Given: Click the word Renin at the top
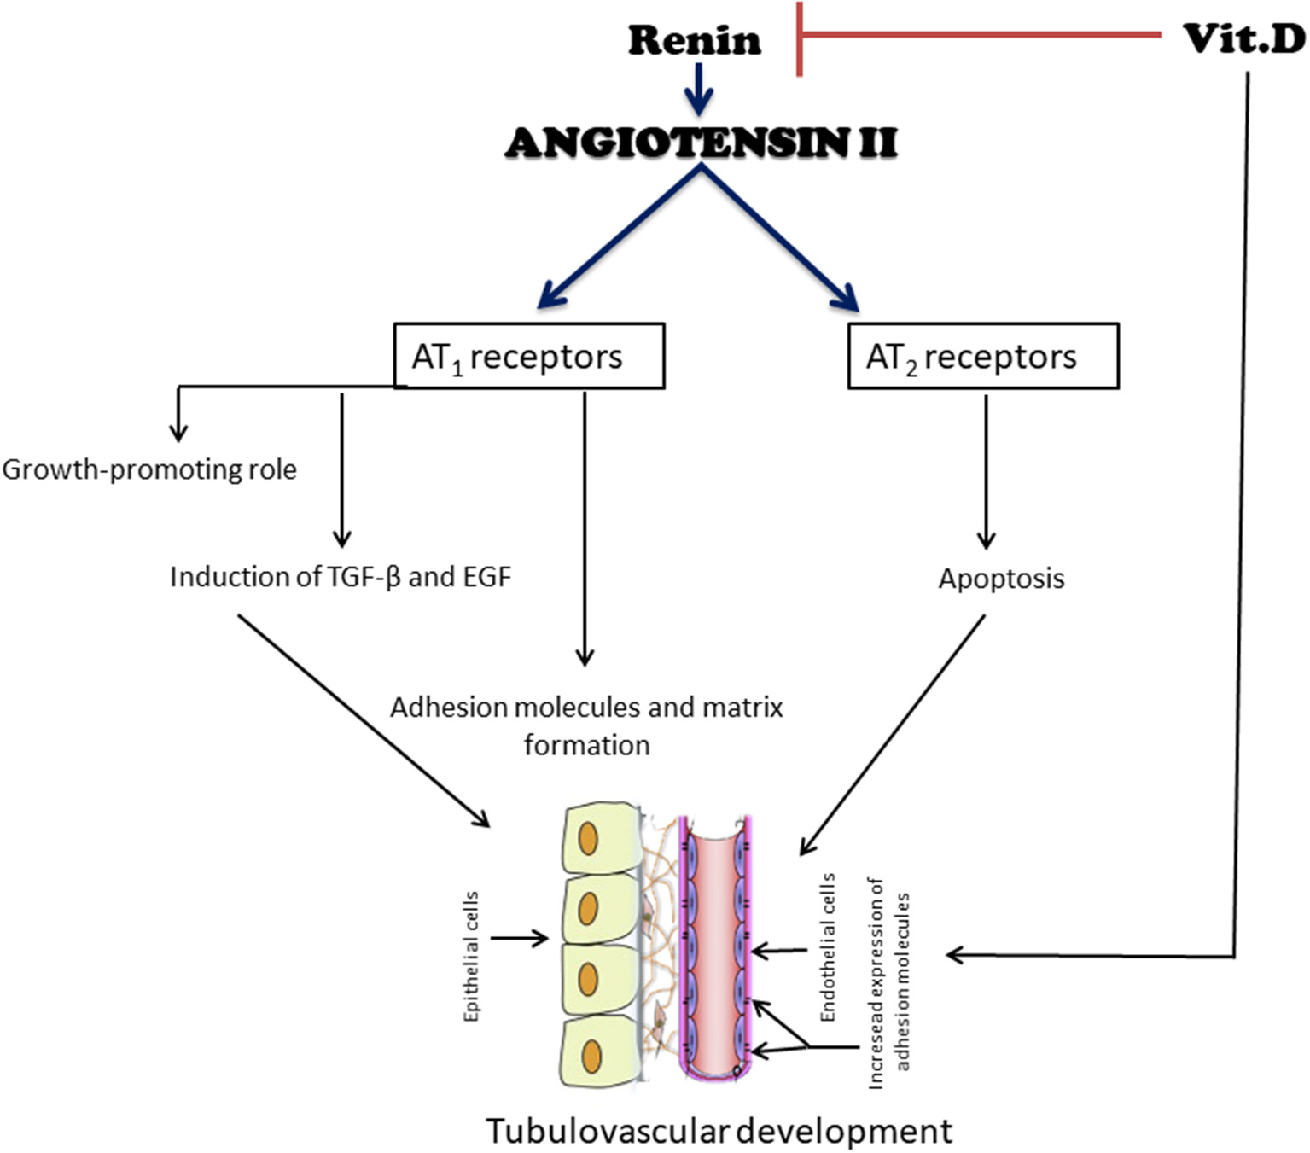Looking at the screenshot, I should (x=694, y=40).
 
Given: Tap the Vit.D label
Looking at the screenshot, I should (x=1243, y=38).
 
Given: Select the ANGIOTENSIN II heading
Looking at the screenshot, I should (x=701, y=143).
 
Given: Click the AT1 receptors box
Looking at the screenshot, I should (x=528, y=356).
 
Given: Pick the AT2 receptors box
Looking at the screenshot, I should (x=982, y=356).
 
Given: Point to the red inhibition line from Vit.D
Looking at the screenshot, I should (x=981, y=36).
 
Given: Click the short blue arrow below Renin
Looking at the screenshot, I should (x=699, y=89).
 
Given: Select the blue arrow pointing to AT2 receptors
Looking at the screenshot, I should (x=781, y=239).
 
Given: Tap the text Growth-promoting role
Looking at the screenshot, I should (x=149, y=469).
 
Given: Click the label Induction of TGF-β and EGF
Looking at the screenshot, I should (x=340, y=577).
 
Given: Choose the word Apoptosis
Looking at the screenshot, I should (x=1001, y=579).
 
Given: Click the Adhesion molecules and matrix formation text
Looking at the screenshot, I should (x=586, y=725).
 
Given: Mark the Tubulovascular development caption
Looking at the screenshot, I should (x=719, y=1131).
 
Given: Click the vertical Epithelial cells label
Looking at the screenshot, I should (x=471, y=956).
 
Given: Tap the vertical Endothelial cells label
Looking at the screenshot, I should (x=827, y=947).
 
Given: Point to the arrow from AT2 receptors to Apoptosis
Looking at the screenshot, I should (x=986, y=471).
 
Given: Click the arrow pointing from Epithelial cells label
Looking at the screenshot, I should (x=519, y=939).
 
